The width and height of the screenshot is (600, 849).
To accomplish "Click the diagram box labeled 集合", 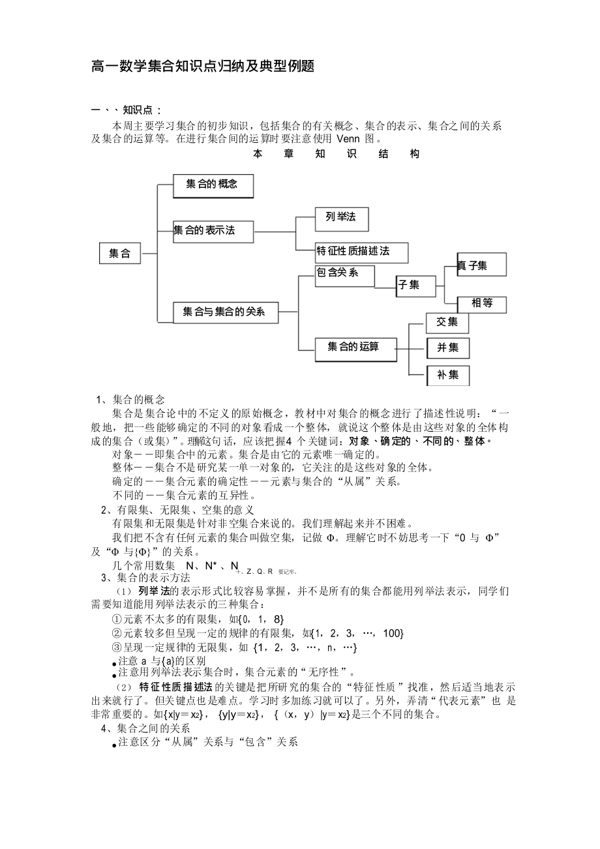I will tap(119, 253).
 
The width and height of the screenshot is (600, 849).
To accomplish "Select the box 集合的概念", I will tap(213, 185).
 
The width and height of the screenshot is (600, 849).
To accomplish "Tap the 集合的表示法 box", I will tap(213, 230).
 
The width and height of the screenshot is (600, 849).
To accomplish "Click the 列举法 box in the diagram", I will tap(341, 218).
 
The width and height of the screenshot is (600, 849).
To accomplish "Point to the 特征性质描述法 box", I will tap(362, 252).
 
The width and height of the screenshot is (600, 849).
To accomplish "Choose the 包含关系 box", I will tap(345, 275).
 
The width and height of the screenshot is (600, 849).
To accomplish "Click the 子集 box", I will tap(416, 285).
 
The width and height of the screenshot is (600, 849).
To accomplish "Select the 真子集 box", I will tap(481, 265).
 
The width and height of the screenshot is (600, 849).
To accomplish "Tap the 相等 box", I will tap(481, 303).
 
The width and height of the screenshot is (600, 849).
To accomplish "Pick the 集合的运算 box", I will tap(355, 348).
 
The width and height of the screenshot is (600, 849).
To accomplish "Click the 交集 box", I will tap(447, 322).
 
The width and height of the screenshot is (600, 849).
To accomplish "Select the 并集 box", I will tap(447, 348).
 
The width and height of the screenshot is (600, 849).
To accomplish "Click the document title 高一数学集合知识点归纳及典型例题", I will tap(203, 67).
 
